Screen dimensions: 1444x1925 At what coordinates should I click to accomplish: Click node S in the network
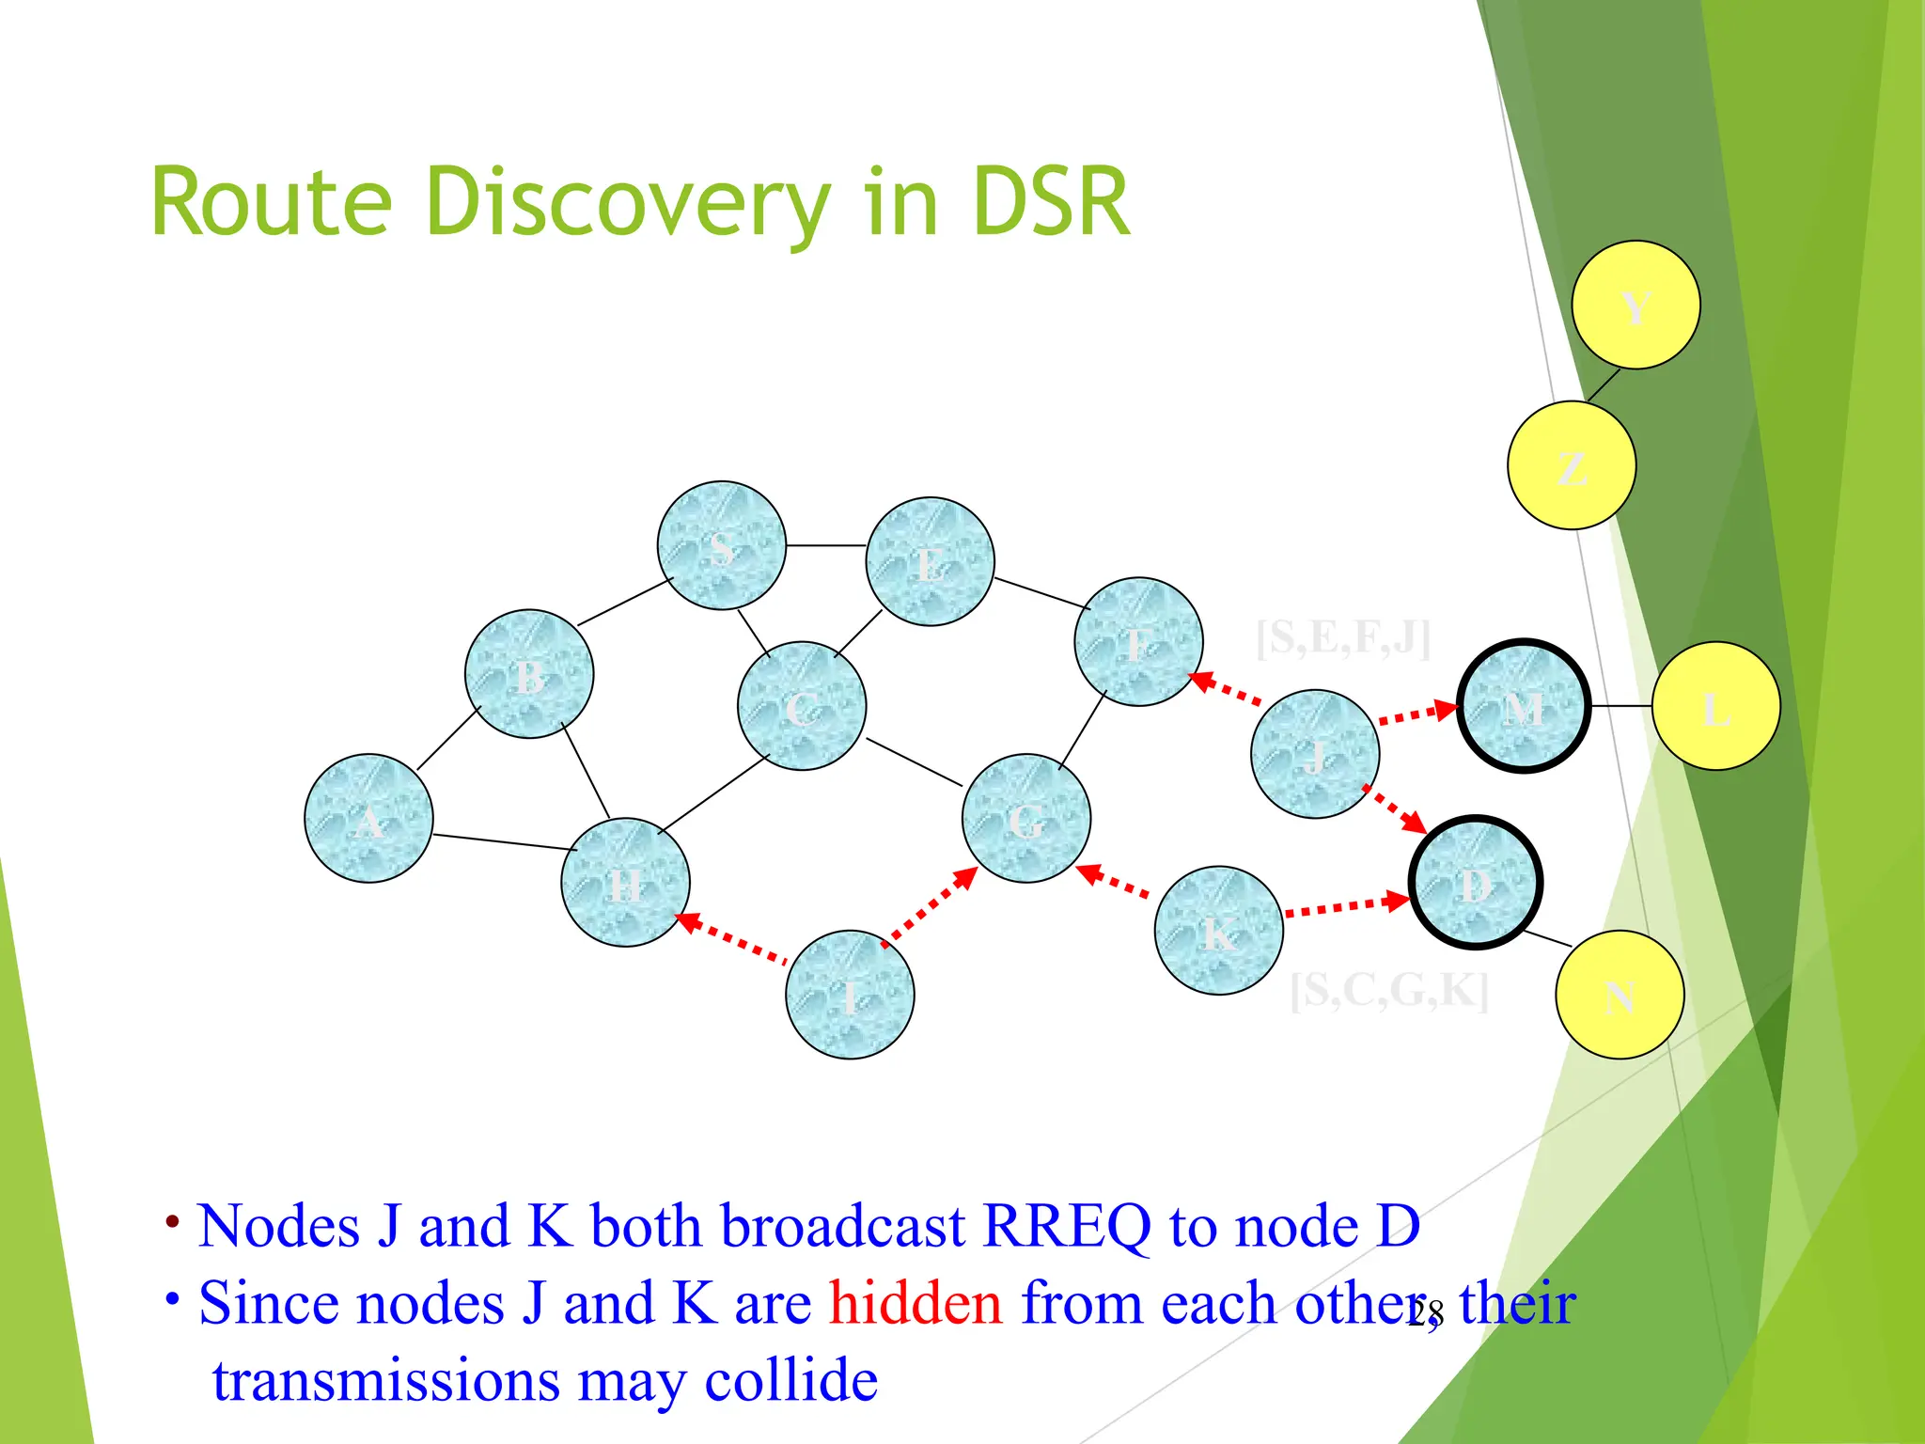[x=721, y=546]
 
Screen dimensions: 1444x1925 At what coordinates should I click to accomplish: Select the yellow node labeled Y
[x=1635, y=305]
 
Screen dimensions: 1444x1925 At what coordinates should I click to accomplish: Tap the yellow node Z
[x=1572, y=465]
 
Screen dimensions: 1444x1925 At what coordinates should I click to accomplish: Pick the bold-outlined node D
[x=1475, y=883]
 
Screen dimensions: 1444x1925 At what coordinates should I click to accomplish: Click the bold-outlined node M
[x=1524, y=706]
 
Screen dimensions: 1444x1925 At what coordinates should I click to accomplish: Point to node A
[x=368, y=819]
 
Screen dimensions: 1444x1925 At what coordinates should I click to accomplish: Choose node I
[x=850, y=995]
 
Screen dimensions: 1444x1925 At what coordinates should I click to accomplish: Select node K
[x=1219, y=931]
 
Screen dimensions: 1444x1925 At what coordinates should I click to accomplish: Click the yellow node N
[x=1620, y=995]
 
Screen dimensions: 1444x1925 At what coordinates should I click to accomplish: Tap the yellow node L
[x=1716, y=706]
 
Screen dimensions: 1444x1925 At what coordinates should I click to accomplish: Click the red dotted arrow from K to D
[x=1346, y=906]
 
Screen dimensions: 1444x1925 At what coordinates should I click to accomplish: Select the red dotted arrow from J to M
[x=1417, y=714]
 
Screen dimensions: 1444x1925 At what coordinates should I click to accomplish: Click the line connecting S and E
[x=825, y=545]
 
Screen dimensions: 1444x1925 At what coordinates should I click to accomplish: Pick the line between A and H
[x=504, y=842]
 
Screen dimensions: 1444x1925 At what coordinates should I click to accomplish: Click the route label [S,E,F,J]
[x=1343, y=638]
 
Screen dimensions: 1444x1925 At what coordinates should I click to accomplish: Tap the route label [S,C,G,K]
[x=1389, y=990]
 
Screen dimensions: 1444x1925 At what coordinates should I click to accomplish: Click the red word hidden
[x=916, y=1304]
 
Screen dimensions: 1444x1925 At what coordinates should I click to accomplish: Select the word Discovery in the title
[x=628, y=202]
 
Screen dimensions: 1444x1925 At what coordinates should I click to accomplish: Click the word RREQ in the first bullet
[x=1066, y=1227]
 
